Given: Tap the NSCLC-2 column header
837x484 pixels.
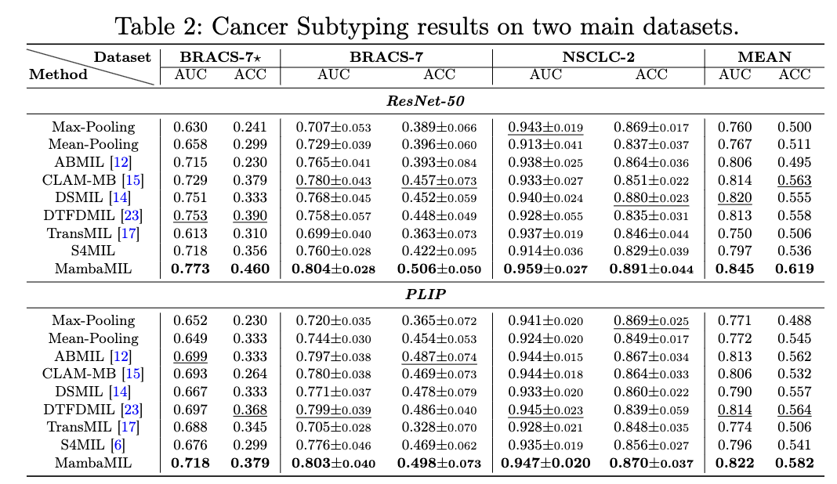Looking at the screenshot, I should (x=598, y=56).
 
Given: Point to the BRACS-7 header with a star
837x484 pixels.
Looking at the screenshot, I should (x=219, y=56).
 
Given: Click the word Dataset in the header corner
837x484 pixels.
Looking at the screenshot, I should (x=122, y=57).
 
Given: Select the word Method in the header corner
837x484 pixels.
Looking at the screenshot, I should (x=58, y=75).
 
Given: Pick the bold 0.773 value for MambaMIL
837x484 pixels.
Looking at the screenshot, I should (x=187, y=269).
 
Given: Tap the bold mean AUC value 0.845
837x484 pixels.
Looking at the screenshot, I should (x=735, y=269).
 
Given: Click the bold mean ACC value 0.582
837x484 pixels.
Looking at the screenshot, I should (x=794, y=464).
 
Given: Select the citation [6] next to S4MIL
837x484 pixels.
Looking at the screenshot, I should (x=125, y=446).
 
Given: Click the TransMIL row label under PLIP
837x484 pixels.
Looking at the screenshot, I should (x=83, y=428).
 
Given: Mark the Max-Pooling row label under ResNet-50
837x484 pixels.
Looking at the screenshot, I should (x=93, y=127).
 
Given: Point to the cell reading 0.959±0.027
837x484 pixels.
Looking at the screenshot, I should (x=545, y=269).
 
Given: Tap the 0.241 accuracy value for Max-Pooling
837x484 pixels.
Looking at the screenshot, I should (x=249, y=127).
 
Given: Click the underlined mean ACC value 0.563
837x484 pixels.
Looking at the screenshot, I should (x=794, y=180).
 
